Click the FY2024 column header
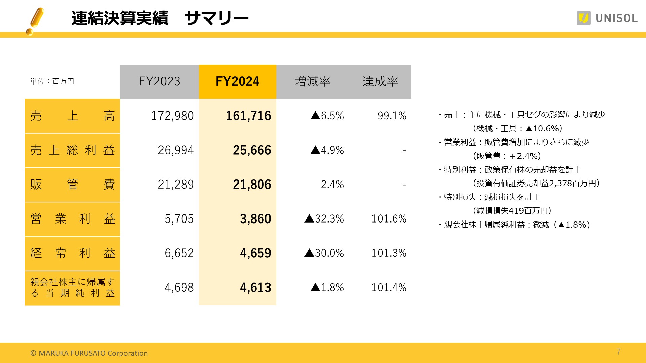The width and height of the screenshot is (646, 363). pyautogui.click(x=237, y=81)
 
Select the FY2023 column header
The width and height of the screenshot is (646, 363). pyautogui.click(x=159, y=81)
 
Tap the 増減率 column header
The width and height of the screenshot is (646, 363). pyautogui.click(x=313, y=81)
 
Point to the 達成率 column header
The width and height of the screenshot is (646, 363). pyautogui.click(x=380, y=81)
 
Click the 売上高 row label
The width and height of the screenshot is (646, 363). pyautogui.click(x=72, y=116)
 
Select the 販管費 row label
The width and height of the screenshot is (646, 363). pyautogui.click(x=72, y=185)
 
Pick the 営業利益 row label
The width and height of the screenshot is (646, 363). pyautogui.click(x=72, y=219)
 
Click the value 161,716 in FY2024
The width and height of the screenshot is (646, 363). pyautogui.click(x=248, y=116)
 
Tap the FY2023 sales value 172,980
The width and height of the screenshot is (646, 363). pyautogui.click(x=172, y=116)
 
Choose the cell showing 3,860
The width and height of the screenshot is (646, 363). pyautogui.click(x=255, y=219)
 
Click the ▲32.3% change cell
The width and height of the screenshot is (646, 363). pyautogui.click(x=324, y=219)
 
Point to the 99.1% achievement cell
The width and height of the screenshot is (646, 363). pyautogui.click(x=392, y=116)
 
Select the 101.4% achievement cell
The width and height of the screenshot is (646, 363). pyautogui.click(x=389, y=288)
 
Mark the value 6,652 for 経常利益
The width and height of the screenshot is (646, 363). pyautogui.click(x=179, y=253)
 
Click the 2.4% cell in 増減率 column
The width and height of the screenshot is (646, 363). pyautogui.click(x=332, y=185)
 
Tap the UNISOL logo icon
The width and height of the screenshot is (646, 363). pyautogui.click(x=583, y=18)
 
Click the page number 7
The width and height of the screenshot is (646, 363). pyautogui.click(x=618, y=352)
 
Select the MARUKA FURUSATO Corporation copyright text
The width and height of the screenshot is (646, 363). pyautogui.click(x=89, y=353)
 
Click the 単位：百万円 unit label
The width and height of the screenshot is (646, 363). pyautogui.click(x=52, y=81)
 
